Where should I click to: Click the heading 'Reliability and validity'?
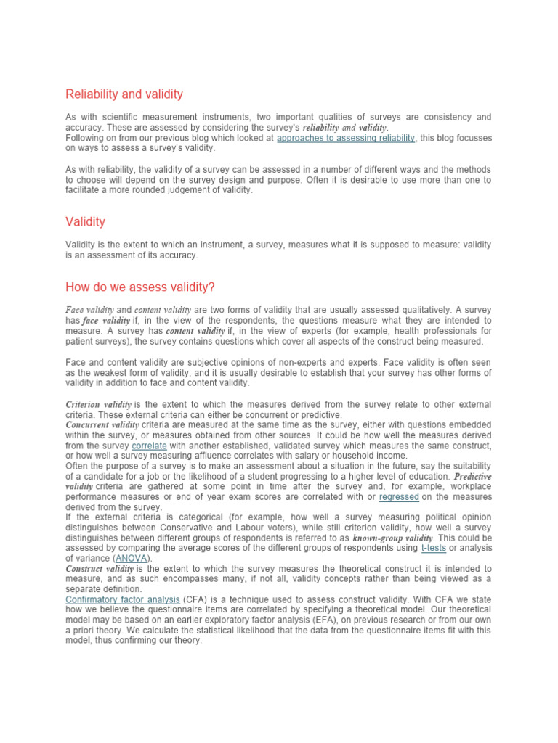pos(124,94)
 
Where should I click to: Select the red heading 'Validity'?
pos(85,221)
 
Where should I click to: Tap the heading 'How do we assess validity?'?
pos(140,287)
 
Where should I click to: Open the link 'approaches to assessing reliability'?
pos(346,137)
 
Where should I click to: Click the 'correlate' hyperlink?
pos(149,445)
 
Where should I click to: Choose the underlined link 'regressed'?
pos(399,497)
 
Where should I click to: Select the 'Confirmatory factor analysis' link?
pos(122,600)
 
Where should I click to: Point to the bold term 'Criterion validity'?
pos(98,404)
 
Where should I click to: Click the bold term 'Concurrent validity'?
pos(102,424)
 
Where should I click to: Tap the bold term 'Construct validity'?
pos(99,569)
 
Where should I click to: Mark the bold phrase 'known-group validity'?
pos(392,538)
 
